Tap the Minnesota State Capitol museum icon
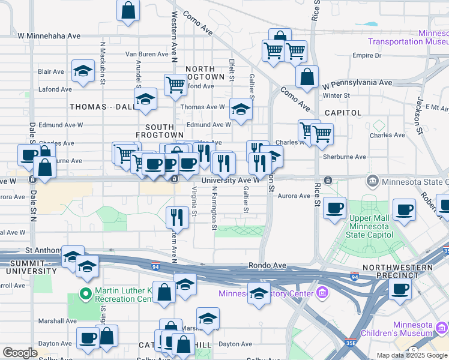[372, 181]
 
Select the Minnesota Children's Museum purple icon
[442, 328]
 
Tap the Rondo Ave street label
[265, 265]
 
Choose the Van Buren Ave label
[146, 54]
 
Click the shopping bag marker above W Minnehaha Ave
[128, 11]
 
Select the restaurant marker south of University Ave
[177, 217]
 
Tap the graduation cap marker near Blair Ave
[83, 71]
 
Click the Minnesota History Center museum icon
[322, 293]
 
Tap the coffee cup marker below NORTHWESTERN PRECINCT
[400, 289]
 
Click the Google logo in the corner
[20, 353]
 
